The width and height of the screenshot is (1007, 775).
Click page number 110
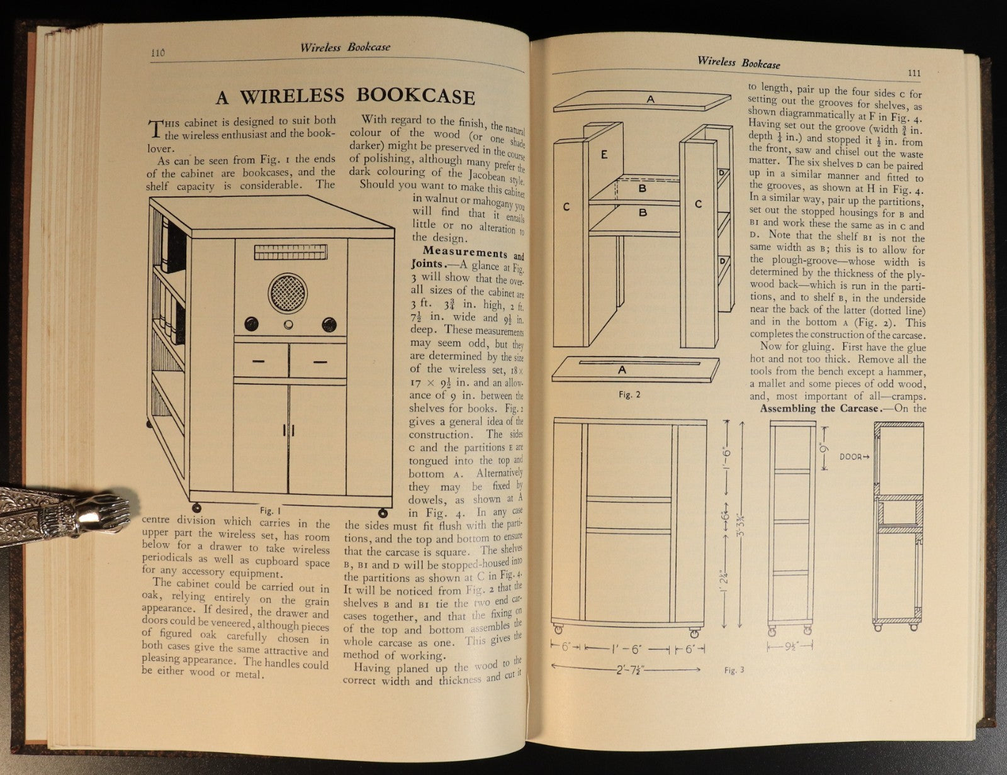pyautogui.click(x=157, y=53)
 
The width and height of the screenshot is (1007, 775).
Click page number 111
pyautogui.click(x=914, y=73)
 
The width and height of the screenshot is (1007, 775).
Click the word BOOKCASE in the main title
pyautogui.click(x=415, y=96)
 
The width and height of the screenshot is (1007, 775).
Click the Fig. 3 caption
pyautogui.click(x=733, y=670)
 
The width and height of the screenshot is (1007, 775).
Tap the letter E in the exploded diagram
pyautogui.click(x=603, y=153)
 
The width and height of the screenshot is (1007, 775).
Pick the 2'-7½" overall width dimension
pyautogui.click(x=626, y=670)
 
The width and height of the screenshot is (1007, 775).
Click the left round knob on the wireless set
pyautogui.click(x=250, y=325)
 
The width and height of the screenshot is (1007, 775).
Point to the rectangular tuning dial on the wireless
pyautogui.click(x=291, y=253)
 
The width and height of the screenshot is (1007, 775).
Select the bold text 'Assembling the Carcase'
pyautogui.click(x=818, y=409)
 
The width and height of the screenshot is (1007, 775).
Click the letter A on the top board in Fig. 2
pyautogui.click(x=651, y=99)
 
